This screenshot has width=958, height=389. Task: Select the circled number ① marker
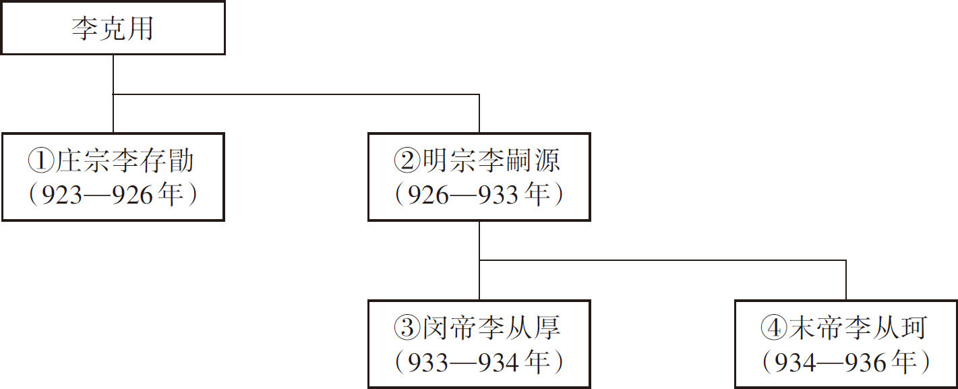point(41,160)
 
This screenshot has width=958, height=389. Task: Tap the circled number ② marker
point(407,160)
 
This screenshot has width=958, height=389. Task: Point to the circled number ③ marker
point(407,328)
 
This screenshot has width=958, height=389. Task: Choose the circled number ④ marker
point(774,328)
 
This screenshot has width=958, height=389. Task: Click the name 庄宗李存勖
point(125,160)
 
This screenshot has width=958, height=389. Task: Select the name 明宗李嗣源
point(491,160)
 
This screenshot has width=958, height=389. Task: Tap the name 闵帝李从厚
point(491,328)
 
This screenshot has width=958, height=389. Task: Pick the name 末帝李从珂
point(858,328)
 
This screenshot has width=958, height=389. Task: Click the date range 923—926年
point(113,194)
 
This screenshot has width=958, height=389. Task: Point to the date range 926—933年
point(479,194)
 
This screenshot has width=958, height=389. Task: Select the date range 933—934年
point(479,362)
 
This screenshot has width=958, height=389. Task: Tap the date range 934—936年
point(845,362)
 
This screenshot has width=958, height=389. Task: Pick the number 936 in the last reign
point(866,363)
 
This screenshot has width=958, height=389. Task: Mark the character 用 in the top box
point(140,28)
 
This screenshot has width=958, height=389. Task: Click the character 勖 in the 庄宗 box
point(181,160)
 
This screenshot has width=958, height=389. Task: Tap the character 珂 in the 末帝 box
point(914,328)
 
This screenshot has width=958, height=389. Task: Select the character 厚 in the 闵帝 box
point(547,328)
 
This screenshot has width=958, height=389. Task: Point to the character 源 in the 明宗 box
point(547,160)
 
